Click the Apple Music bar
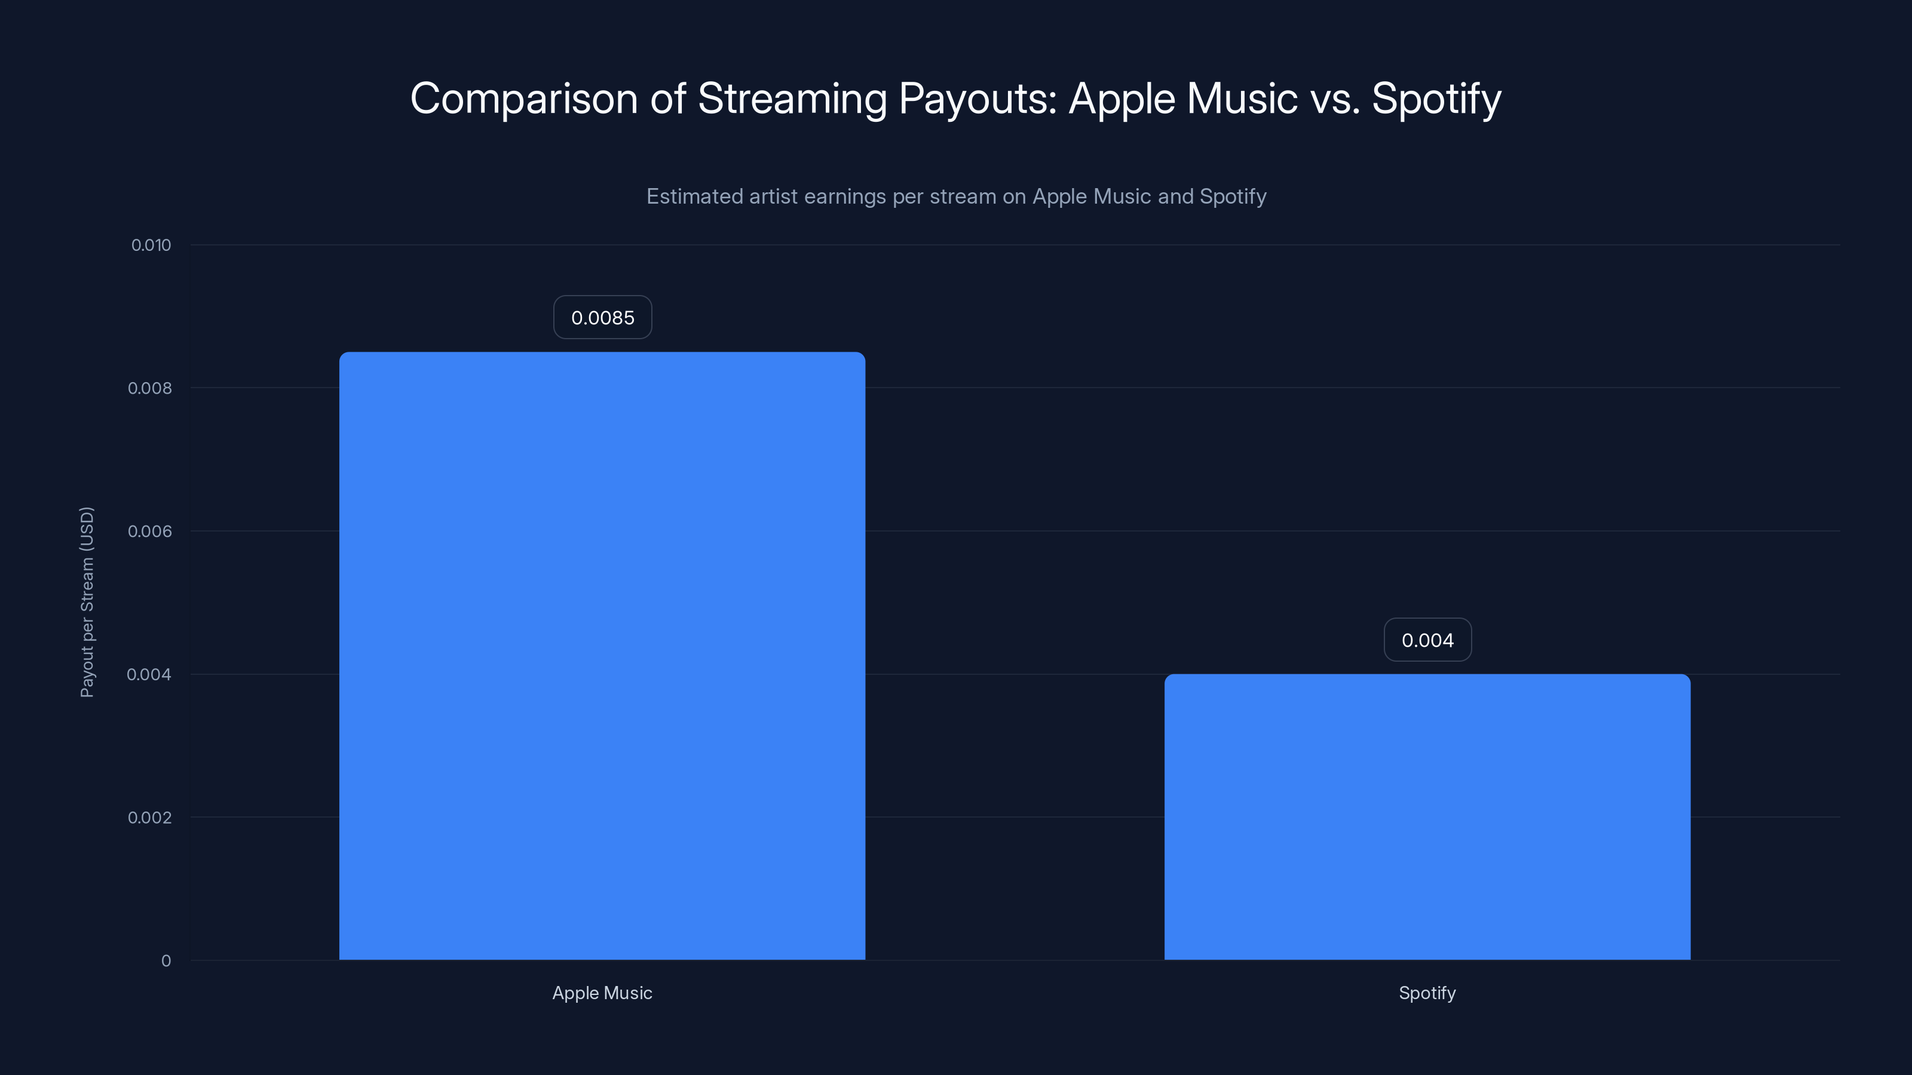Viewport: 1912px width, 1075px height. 602,656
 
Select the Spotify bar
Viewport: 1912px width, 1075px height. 1427,817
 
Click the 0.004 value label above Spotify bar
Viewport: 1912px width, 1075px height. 1427,640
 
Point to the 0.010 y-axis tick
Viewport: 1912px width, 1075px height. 151,245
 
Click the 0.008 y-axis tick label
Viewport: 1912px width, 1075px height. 149,388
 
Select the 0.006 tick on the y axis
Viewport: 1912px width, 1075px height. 149,531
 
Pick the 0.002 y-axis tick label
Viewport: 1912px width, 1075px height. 149,818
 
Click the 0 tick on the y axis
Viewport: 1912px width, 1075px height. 166,961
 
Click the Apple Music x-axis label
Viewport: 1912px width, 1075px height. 602,993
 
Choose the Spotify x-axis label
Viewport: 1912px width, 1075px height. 1427,993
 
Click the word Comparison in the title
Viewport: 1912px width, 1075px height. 523,99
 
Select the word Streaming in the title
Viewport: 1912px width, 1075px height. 792,99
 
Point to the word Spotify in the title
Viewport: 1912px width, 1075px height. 1436,99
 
